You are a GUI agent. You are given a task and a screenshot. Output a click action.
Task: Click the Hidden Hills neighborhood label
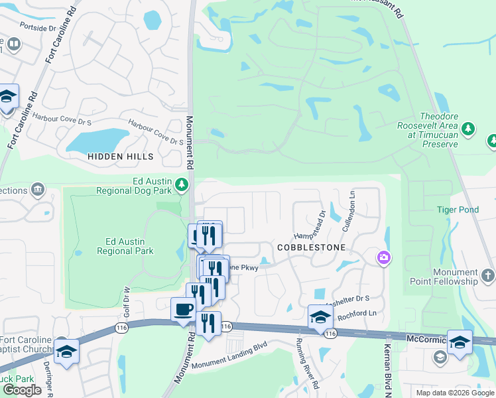click(121, 157)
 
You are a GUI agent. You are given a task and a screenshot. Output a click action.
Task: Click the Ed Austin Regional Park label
click(125, 246)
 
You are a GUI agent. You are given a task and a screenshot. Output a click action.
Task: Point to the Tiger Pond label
click(458, 210)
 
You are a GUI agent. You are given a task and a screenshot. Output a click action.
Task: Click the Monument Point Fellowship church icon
click(487, 275)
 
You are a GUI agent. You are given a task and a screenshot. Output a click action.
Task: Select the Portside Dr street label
click(38, 28)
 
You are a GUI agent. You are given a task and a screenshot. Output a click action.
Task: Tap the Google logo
click(23, 390)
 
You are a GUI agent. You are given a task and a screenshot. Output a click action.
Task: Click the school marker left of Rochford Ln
click(320, 317)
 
